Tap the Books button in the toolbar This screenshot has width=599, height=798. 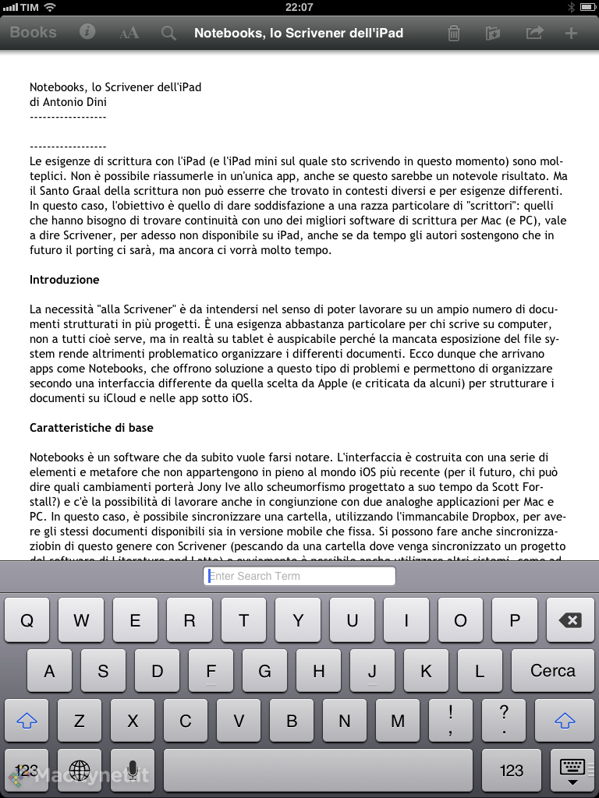33,33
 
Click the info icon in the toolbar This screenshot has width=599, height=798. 87,32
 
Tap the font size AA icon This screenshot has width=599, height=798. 129,33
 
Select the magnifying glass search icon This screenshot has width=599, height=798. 168,33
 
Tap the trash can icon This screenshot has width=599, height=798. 453,33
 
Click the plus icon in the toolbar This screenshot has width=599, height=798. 571,33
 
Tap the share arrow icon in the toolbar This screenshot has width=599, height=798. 534,33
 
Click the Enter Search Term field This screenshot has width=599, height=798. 299,576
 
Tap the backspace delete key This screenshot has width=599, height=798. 570,621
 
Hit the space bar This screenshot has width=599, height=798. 318,770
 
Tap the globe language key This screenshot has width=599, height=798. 80,770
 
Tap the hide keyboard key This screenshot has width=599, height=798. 572,770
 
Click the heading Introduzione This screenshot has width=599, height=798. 65,280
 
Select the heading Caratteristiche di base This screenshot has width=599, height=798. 91,428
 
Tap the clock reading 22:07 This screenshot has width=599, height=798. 299,7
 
